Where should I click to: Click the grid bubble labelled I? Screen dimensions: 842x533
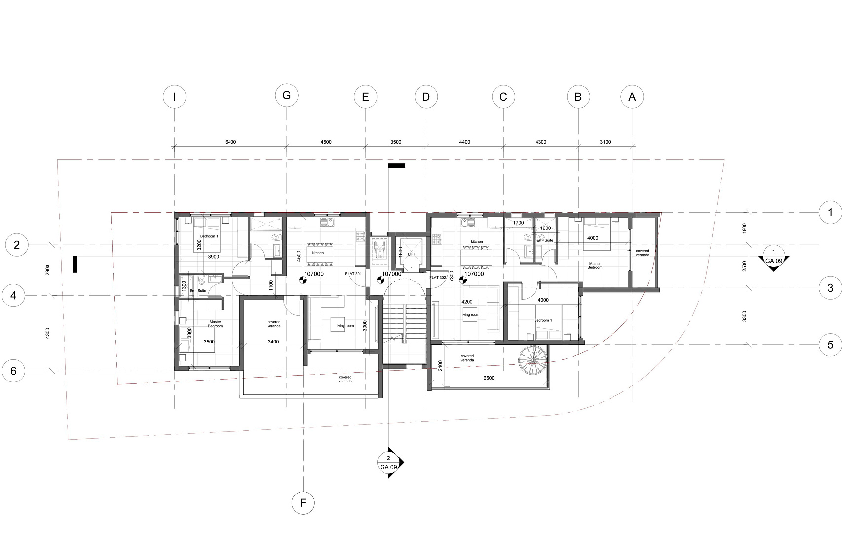(x=174, y=97)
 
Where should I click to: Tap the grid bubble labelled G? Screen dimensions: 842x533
(x=287, y=95)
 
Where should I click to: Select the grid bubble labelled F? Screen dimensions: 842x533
(x=303, y=503)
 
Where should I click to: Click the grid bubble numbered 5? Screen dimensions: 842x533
(x=830, y=345)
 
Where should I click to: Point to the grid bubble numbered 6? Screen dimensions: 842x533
(x=13, y=371)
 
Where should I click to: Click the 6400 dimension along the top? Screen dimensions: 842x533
(x=230, y=142)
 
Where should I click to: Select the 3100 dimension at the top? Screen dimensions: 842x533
(x=605, y=142)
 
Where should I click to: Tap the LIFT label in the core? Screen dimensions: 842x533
(x=412, y=254)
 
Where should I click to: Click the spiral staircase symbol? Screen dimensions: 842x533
(x=533, y=360)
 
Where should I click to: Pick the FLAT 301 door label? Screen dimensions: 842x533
(x=353, y=274)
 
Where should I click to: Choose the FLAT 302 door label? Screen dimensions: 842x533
(x=438, y=278)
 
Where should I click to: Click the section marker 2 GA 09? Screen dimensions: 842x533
(x=390, y=463)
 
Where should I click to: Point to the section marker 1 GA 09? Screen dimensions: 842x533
(x=773, y=258)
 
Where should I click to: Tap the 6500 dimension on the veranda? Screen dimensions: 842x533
(x=489, y=378)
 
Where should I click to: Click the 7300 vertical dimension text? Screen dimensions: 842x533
(x=452, y=276)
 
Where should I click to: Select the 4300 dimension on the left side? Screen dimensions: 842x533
(x=48, y=334)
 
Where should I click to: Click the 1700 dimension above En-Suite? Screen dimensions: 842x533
(x=518, y=223)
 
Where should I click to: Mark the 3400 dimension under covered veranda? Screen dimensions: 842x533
(x=273, y=342)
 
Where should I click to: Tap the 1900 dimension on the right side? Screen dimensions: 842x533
(x=744, y=228)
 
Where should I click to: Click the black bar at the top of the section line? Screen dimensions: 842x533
(x=396, y=165)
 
